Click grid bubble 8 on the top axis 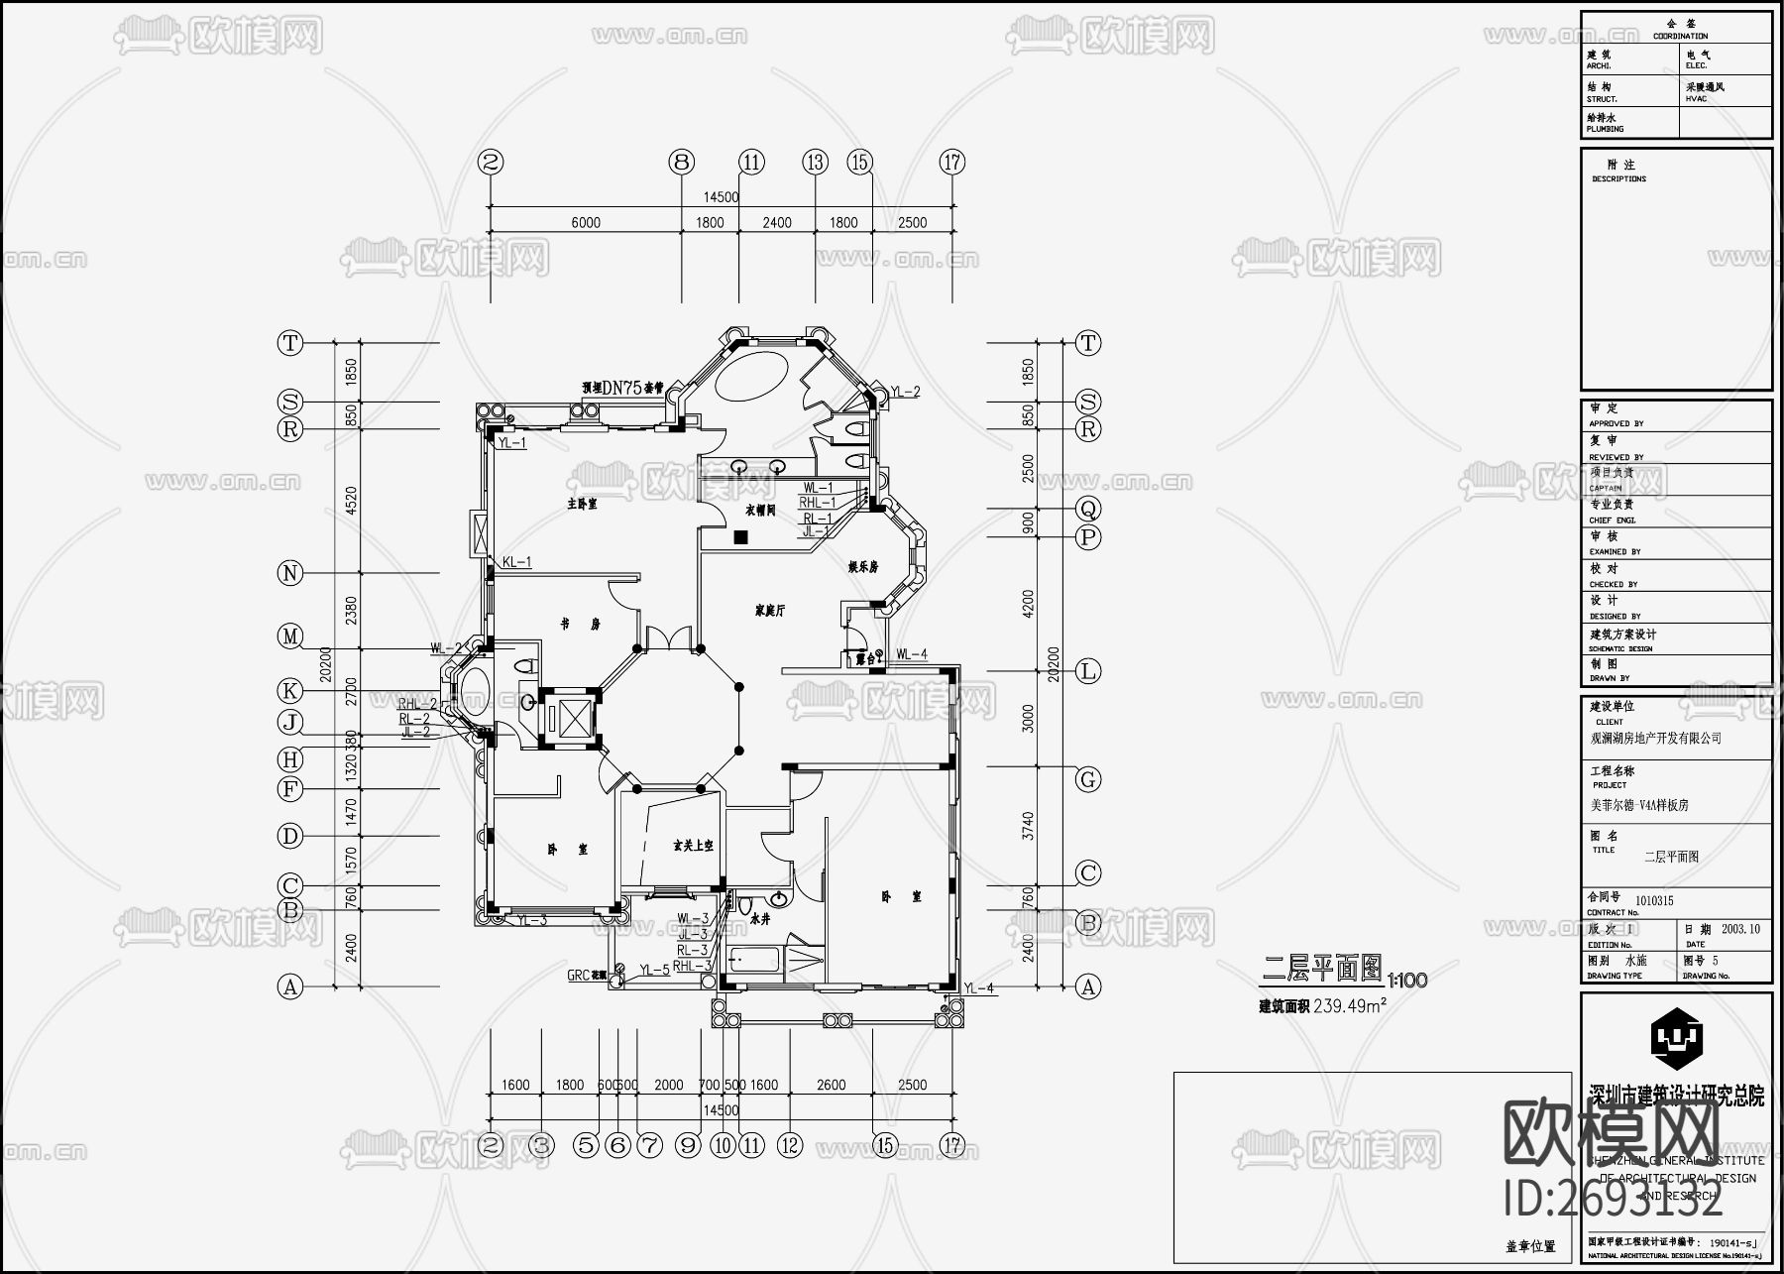click(682, 162)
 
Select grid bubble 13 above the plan click(815, 162)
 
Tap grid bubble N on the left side click(289, 573)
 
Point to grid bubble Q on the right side click(1088, 509)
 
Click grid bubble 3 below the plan click(540, 1146)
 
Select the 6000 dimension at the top click(586, 223)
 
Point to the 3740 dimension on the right click(1028, 826)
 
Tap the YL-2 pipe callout click(904, 392)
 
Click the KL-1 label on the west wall click(516, 562)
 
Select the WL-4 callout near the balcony click(911, 654)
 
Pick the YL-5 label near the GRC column click(654, 970)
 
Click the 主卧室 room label click(582, 504)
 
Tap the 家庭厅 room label click(769, 612)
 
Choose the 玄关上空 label click(693, 846)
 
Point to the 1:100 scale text click(1407, 981)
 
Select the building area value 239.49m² click(1349, 1005)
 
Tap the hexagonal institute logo click(1675, 1037)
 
